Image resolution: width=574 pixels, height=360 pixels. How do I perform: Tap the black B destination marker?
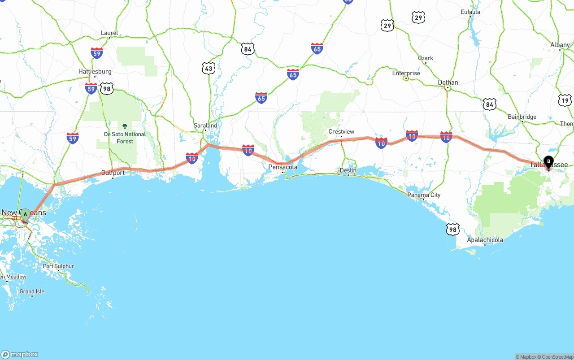[548, 162]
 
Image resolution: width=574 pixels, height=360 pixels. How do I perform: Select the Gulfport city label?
[113, 173]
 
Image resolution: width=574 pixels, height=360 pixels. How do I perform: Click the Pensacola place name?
[283, 167]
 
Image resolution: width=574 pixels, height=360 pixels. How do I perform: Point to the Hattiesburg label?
[95, 72]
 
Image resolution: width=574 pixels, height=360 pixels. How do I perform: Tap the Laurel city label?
[109, 33]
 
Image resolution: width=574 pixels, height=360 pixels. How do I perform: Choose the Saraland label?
[205, 126]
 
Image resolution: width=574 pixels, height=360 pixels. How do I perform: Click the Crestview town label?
[341, 131]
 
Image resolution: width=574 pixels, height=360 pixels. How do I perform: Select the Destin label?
[348, 170]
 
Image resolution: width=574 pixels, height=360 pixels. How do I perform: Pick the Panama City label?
[424, 195]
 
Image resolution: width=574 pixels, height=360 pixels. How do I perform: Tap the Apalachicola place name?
[485, 240]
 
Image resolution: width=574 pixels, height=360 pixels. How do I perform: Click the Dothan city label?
[448, 82]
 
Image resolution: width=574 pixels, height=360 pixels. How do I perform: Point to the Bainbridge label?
[522, 117]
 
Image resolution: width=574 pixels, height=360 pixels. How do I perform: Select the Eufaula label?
[470, 12]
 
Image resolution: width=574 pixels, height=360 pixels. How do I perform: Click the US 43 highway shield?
[209, 68]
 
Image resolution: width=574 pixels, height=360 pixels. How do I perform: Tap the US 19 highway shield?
[565, 100]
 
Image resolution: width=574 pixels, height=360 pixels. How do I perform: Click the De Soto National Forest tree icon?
[125, 126]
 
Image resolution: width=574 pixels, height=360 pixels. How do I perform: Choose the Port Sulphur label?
[58, 266]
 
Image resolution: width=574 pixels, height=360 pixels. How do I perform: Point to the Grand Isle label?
[32, 291]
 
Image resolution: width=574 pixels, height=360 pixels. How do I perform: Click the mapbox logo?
[20, 354]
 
